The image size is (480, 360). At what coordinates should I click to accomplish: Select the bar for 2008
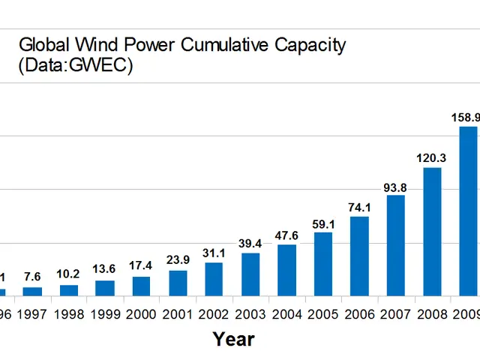[x=432, y=232]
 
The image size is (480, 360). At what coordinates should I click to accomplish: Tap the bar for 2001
[x=178, y=283]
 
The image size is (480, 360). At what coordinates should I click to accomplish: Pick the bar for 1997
[x=32, y=291]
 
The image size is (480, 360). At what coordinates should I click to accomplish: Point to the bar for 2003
[x=250, y=274]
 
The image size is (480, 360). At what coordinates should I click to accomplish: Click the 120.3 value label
[x=432, y=158]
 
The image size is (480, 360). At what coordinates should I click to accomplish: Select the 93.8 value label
[x=396, y=186]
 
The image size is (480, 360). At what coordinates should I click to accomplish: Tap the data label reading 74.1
[x=359, y=207]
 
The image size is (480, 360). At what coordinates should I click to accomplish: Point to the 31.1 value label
[x=214, y=253]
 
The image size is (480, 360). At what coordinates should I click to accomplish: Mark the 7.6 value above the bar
[x=32, y=277]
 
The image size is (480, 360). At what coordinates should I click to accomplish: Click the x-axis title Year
[x=233, y=339]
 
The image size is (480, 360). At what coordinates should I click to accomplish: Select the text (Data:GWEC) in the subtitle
[x=75, y=65]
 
